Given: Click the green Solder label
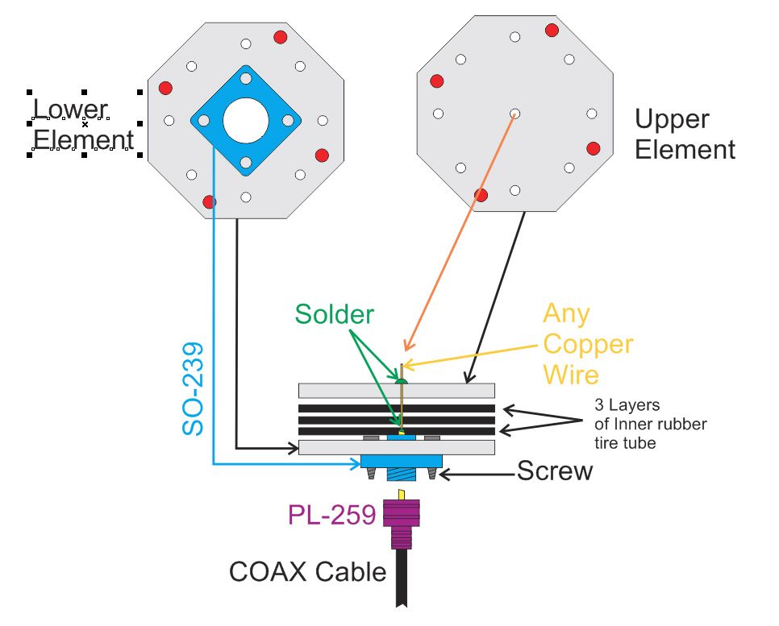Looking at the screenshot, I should click(334, 314).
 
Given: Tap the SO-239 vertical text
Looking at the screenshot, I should click(193, 390).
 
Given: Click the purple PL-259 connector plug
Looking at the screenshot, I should click(401, 523).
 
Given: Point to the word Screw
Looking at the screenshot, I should click(554, 471).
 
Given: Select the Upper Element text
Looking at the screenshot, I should click(685, 134).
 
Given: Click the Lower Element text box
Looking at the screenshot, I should click(83, 124).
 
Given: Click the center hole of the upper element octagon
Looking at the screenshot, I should click(515, 114).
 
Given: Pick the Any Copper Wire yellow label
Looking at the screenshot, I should click(587, 343).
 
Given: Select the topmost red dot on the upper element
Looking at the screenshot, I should click(552, 31).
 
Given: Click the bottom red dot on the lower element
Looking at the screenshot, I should click(210, 201).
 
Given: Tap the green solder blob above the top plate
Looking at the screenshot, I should click(400, 379).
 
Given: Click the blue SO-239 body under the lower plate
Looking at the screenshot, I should click(401, 460).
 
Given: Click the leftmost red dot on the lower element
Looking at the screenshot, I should click(165, 87).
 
